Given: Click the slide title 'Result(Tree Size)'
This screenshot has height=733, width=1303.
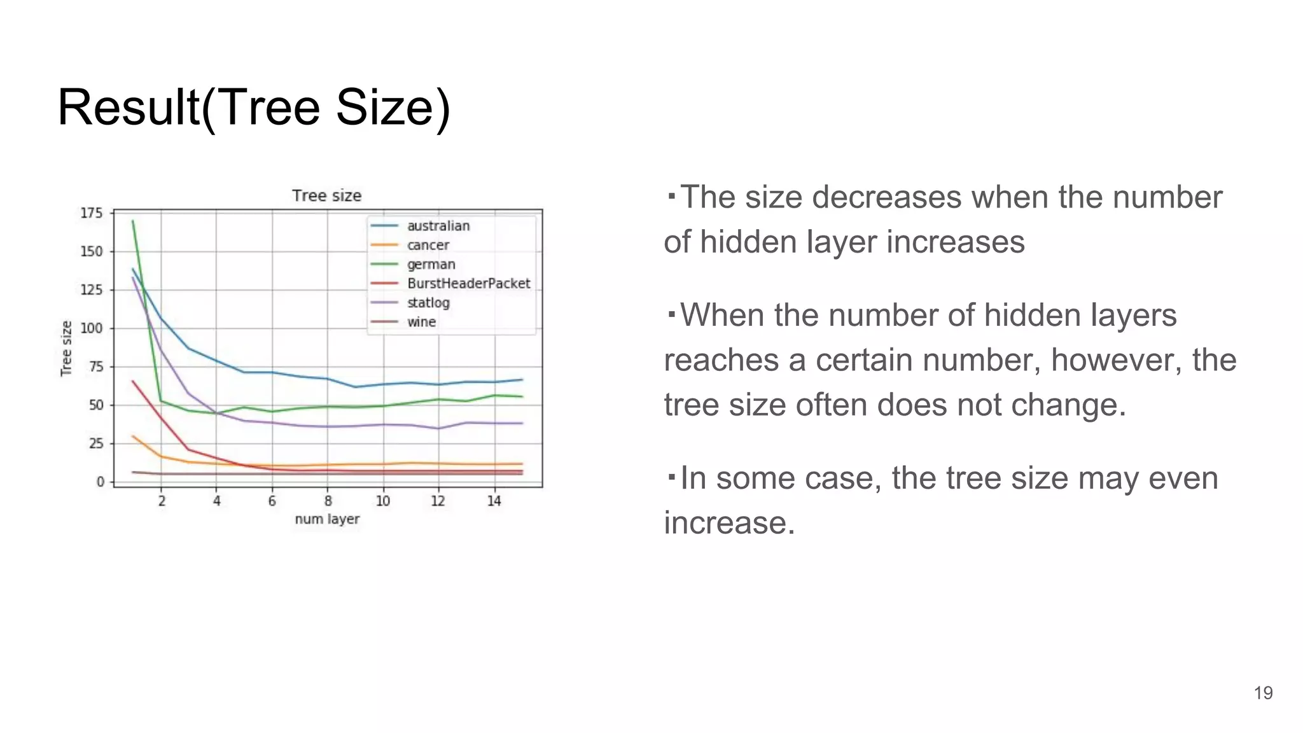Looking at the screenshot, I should coord(254,108).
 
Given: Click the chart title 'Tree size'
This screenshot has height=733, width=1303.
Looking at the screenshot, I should coord(326,196).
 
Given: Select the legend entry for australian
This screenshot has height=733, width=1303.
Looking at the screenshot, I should coord(438,226).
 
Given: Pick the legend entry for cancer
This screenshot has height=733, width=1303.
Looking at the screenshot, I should coord(428,245).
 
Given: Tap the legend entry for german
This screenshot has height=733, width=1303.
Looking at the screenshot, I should coord(431,264).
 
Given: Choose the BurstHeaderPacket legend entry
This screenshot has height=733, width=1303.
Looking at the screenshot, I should coord(468,283).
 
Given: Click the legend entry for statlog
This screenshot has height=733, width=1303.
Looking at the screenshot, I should coord(428,303).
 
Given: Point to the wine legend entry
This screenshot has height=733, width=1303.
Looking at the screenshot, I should coord(421,322).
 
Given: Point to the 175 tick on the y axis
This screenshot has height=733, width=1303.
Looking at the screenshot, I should coord(91,213).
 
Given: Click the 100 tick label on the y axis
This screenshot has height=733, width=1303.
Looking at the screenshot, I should coord(91,328).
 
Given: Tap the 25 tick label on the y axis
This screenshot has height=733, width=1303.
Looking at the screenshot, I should coord(95,443).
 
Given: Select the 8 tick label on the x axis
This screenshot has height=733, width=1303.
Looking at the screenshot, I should coord(328,501).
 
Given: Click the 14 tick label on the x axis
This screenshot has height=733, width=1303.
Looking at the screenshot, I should coord(494,501).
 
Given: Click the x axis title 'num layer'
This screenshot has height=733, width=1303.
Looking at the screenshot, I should coord(327,519).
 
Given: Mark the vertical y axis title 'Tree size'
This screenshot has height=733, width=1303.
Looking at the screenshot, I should coord(66,348).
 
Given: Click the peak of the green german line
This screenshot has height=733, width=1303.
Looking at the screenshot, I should coord(132,221).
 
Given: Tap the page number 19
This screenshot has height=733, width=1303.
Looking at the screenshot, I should coord(1263,693).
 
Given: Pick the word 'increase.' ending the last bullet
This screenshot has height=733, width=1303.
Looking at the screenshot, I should coord(729,523).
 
